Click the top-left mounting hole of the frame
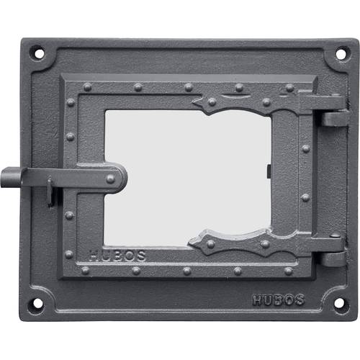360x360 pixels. coord(39,53)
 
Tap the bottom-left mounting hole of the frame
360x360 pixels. coord(37,303)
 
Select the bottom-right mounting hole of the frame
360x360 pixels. coord(339,303)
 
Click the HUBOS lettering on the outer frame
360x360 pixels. coord(278,300)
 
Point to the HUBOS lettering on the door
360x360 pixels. coord(117,256)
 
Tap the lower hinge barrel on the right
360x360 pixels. coord(333,259)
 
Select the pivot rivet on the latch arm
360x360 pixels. coord(110,179)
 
